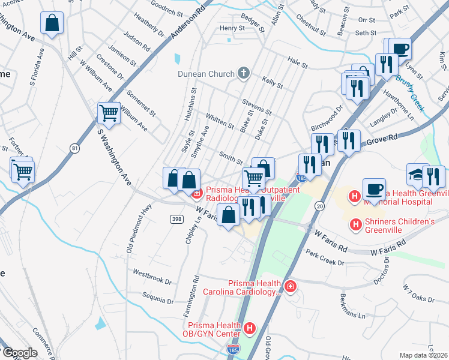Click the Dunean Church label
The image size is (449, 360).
tap(205, 74)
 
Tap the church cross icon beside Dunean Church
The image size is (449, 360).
tap(243, 74)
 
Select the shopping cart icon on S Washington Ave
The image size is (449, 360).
tap(109, 112)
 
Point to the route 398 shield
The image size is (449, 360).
tap(176, 219)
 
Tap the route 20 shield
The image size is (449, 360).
tap(320, 206)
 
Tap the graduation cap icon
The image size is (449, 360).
tap(415, 174)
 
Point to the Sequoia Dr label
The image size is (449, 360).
tap(157, 298)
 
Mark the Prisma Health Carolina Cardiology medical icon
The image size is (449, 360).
tap(291, 287)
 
